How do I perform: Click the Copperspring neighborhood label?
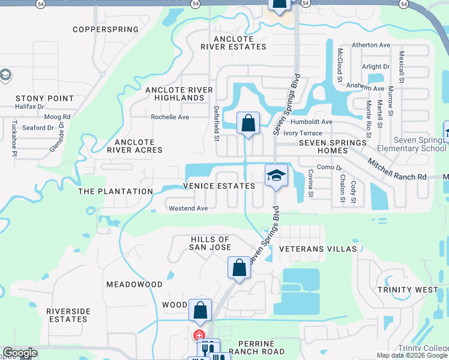tap(105, 29)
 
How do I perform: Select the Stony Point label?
tap(44, 98)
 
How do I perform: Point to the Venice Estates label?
tap(219, 186)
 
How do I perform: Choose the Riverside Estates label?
tap(68, 315)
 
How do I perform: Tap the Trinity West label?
tap(408, 290)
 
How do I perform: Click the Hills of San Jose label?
tap(209, 243)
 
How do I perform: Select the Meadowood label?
tap(134, 284)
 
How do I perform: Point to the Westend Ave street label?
tap(188, 208)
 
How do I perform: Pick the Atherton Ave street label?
tap(371, 45)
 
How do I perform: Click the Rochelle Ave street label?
tap(170, 117)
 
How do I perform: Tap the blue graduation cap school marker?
tap(276, 175)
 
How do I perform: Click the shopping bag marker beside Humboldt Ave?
tap(248, 123)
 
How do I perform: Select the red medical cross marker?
tap(198, 336)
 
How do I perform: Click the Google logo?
tap(20, 353)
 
